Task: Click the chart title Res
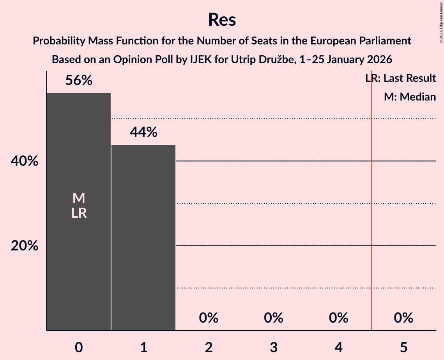click(222, 19)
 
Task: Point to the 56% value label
click(79, 81)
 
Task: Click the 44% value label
click(143, 132)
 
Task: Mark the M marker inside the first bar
click(79, 198)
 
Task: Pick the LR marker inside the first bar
click(79, 213)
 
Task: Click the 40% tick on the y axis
click(24, 161)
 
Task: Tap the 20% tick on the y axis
click(24, 246)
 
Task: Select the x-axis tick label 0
click(79, 347)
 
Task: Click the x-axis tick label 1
click(143, 347)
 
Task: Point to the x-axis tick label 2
click(209, 347)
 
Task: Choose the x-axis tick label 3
click(274, 347)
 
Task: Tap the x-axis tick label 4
click(338, 347)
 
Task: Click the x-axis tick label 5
click(403, 347)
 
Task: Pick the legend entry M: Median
click(410, 97)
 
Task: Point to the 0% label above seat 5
click(403, 318)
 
